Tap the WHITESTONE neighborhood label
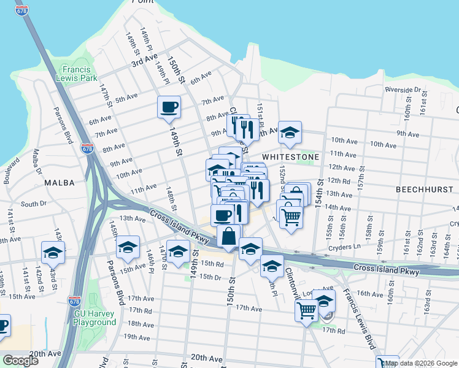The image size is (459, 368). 290,157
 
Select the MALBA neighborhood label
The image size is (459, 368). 59,183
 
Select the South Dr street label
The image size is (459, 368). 33,204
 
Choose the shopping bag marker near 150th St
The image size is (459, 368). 228,236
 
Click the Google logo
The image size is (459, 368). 20,360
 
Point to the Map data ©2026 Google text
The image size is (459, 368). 421,363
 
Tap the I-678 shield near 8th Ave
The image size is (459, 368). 87,148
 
